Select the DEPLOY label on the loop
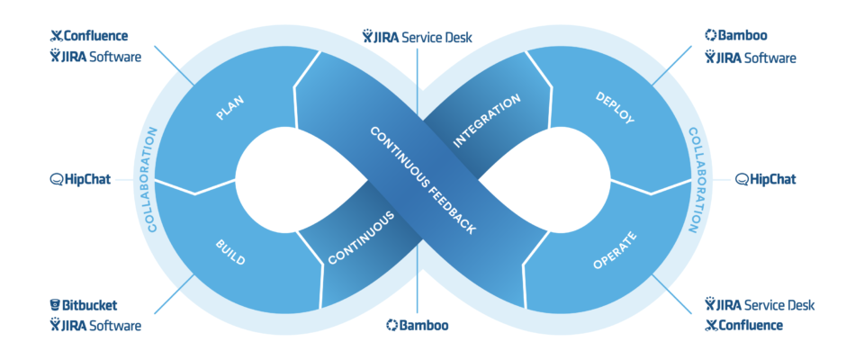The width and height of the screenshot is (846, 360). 616,107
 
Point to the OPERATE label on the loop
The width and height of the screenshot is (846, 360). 616,253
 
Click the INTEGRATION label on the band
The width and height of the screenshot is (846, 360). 487,121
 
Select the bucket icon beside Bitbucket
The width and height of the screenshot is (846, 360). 55,306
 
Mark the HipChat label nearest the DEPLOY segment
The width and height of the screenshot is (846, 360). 766,179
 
